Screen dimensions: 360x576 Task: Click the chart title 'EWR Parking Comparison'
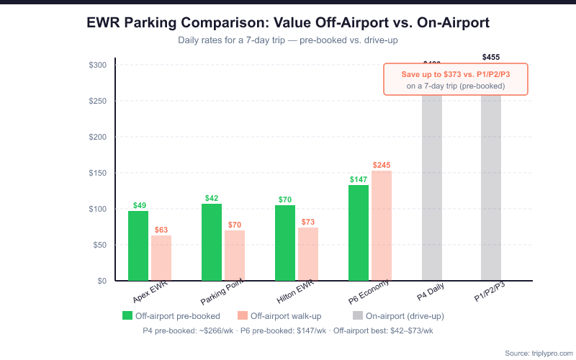click(288, 22)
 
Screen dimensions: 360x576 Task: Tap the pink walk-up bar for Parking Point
click(235, 255)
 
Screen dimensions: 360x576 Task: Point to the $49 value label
click(139, 205)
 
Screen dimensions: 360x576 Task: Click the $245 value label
click(382, 165)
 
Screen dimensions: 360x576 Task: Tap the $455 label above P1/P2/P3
click(491, 57)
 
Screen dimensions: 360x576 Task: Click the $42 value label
click(212, 198)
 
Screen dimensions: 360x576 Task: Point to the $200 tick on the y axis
click(98, 137)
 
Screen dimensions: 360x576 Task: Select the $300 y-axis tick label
click(98, 65)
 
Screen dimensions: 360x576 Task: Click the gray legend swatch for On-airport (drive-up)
click(358, 315)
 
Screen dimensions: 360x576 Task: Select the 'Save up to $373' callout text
click(456, 73)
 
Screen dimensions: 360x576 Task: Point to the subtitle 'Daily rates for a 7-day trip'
click(288, 40)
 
